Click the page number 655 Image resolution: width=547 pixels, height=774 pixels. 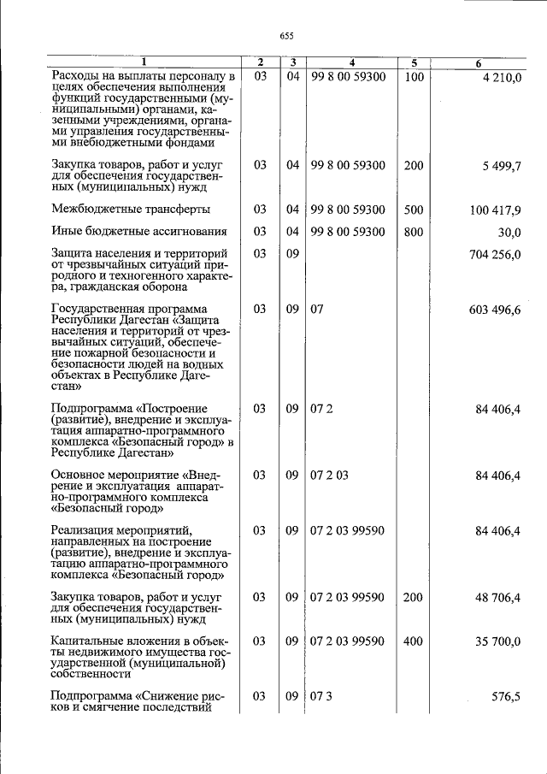tap(286, 35)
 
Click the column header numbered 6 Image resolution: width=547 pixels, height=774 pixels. tap(479, 62)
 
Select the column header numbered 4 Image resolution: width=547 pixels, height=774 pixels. tap(351, 62)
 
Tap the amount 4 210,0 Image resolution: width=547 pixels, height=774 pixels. tap(502, 79)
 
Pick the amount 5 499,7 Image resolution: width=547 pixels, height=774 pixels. tap(502, 166)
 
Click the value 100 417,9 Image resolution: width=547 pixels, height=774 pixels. tap(495, 210)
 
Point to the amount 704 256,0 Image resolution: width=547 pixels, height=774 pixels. tap(495, 255)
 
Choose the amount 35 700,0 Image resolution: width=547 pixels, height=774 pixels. tap(498, 641)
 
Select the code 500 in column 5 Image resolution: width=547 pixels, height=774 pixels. tap(414, 210)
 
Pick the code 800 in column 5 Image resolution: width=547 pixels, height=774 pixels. tap(414, 233)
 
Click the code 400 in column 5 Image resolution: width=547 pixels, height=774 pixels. tap(414, 641)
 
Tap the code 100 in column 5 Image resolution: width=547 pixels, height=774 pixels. tap(414, 79)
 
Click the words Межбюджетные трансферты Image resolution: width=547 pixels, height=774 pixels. tap(131, 210)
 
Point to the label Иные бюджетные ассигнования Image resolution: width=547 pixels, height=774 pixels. tap(138, 232)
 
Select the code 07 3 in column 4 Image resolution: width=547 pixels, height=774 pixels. tap(321, 697)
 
